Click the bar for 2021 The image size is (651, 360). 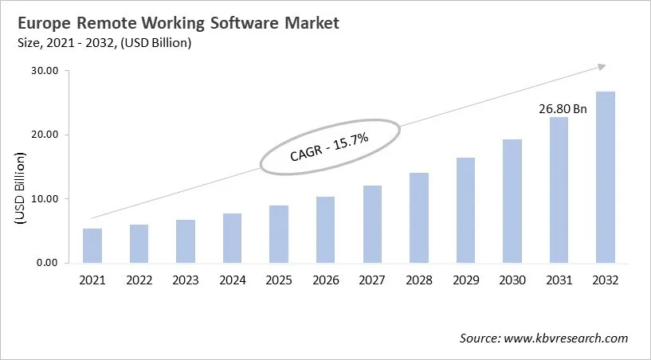coord(92,245)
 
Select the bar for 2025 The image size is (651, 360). coord(278,234)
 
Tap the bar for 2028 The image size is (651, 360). coord(418,217)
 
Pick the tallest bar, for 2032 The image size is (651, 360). coord(605,177)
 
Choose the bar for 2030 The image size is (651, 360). coord(512,201)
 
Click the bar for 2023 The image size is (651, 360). coord(186,241)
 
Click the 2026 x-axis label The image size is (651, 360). coord(325,280)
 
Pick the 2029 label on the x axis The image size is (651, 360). coord(465,280)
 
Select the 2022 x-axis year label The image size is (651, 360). coord(139,280)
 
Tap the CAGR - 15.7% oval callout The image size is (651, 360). coord(329,145)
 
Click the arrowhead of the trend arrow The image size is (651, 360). coord(602,67)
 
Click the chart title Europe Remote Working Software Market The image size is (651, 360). coord(175,23)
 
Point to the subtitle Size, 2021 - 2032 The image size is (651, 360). coord(101,43)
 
